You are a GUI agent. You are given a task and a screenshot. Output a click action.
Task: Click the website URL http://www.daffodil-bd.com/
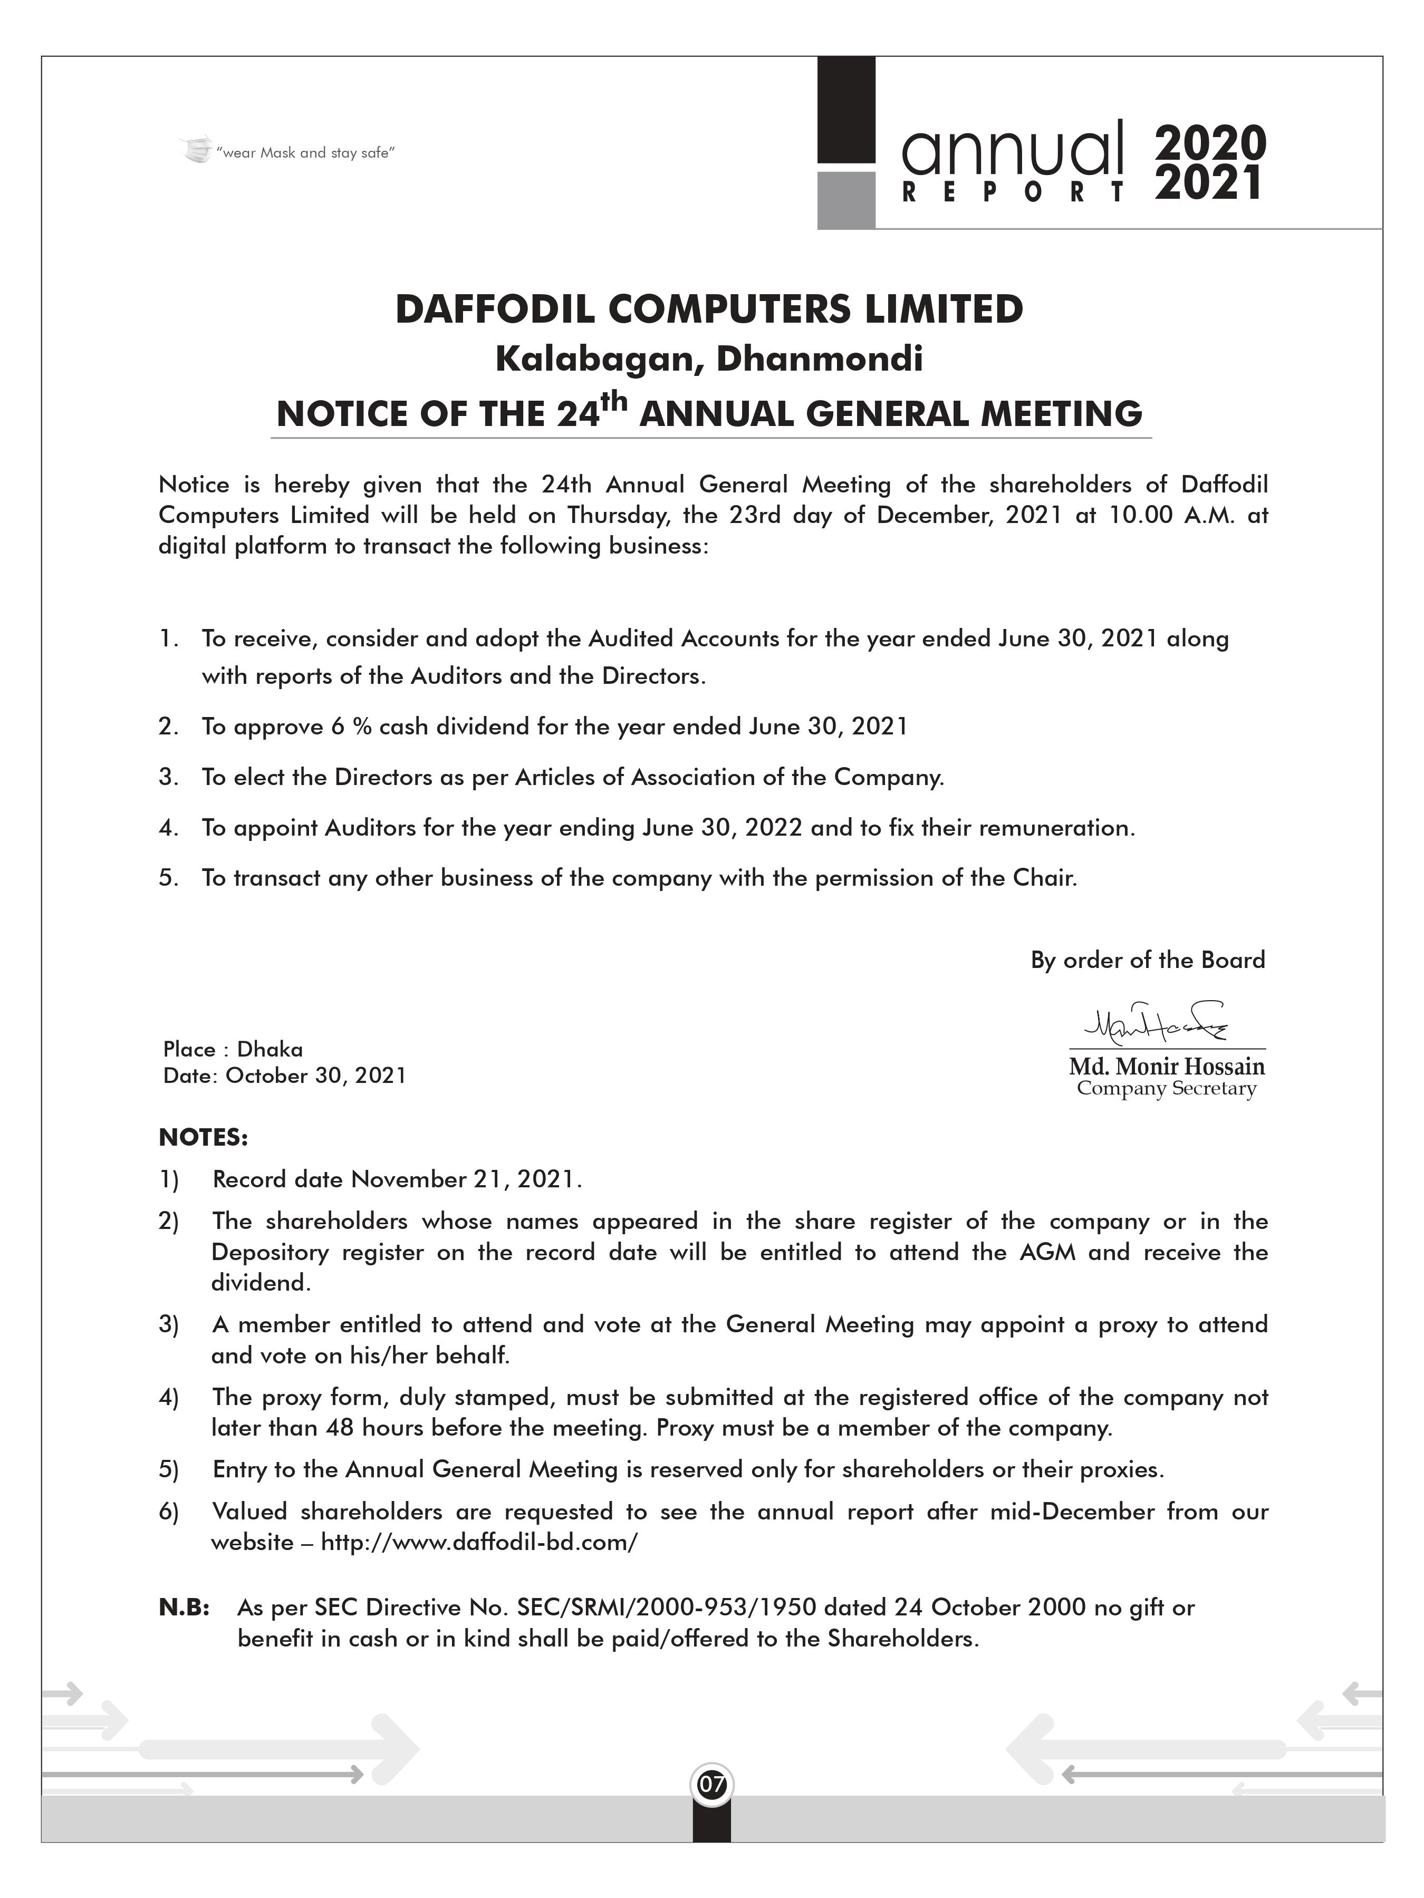click(479, 1542)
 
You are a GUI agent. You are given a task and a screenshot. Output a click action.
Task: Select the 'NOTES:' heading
click(204, 1138)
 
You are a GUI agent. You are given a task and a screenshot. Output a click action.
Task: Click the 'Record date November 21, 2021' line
click(397, 1180)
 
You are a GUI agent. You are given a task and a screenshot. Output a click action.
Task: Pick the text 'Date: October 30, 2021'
click(284, 1076)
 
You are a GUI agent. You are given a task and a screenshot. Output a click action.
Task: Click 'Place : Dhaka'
click(233, 1049)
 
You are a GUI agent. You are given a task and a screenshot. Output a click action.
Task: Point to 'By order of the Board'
click(1148, 960)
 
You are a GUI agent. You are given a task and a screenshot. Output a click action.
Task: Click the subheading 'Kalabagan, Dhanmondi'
click(709, 359)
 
